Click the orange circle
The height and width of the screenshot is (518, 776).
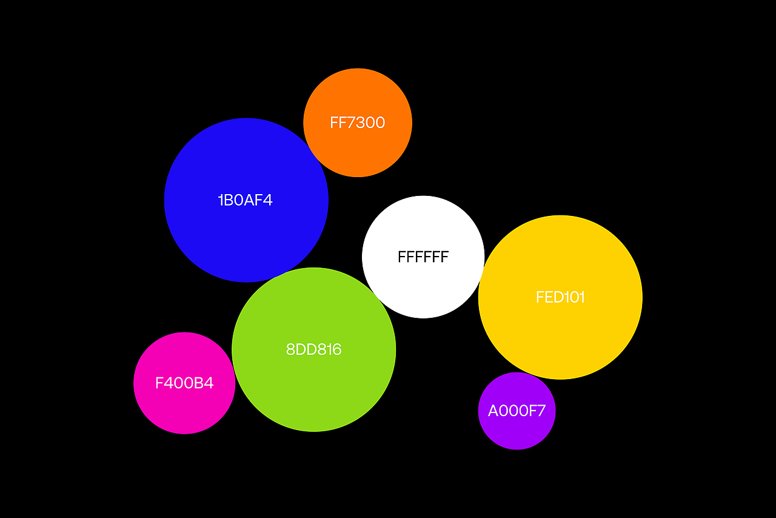point(358,123)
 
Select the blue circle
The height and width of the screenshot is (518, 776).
point(246,200)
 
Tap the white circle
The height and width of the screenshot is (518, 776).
point(423,257)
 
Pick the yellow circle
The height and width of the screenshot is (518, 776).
point(560,297)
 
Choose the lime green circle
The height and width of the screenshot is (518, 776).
point(314,349)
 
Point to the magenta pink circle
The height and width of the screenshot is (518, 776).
point(184,383)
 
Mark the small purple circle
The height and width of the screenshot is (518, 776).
point(517,411)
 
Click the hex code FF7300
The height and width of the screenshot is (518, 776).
point(358,123)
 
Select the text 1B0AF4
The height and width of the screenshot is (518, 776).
point(246,200)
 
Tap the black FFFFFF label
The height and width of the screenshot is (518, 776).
point(423,257)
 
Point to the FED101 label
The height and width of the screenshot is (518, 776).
point(560,297)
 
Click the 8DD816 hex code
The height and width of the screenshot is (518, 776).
point(314,349)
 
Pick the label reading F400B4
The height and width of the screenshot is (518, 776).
point(184,383)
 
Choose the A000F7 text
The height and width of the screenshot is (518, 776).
point(517,411)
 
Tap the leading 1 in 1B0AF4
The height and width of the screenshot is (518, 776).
point(220,200)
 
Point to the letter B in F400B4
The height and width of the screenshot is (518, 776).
point(198,383)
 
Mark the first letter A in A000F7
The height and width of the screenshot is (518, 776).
point(493,411)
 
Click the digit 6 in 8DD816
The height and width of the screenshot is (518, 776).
point(336,349)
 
